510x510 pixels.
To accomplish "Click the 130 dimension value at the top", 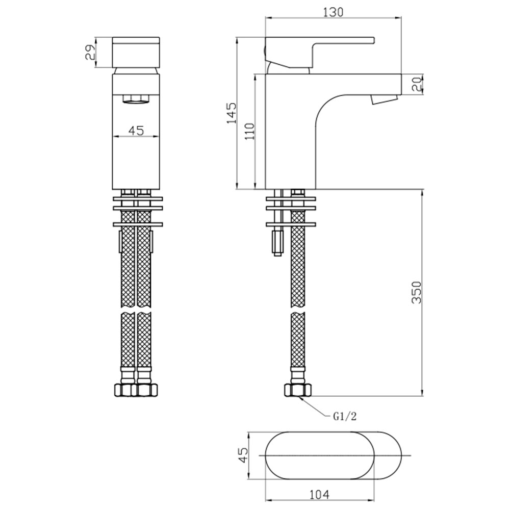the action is point(334,12).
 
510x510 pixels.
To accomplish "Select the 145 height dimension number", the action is point(232,113).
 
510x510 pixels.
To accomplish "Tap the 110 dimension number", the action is point(250,131).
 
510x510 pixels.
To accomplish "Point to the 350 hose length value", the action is point(416,293).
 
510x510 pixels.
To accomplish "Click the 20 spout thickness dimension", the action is point(417,84).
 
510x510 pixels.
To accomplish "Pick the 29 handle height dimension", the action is point(90,52).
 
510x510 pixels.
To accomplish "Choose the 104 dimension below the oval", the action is point(319,495).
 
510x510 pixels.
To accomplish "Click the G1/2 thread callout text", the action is point(345,416).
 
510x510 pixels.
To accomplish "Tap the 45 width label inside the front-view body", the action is point(136,131).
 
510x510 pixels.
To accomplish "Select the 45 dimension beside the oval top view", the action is point(243,455).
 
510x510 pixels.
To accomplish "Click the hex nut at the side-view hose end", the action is point(298,390).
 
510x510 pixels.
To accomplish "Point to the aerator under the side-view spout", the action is point(385,99).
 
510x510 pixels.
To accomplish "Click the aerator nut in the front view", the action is point(136,99).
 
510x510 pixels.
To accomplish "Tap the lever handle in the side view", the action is point(319,52).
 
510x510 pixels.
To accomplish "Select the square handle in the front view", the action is point(136,53).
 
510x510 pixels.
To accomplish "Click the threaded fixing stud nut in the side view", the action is point(278,242).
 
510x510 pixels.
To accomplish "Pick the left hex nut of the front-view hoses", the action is point(126,390).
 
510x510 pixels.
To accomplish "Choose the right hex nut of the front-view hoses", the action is point(147,390).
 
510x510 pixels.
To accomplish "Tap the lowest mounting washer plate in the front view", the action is point(138,224).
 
